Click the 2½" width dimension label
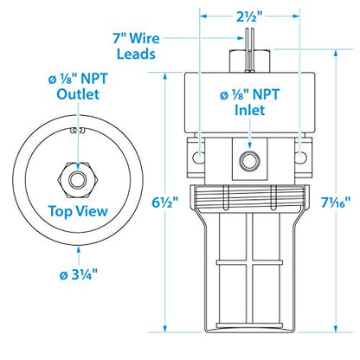(251, 15)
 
